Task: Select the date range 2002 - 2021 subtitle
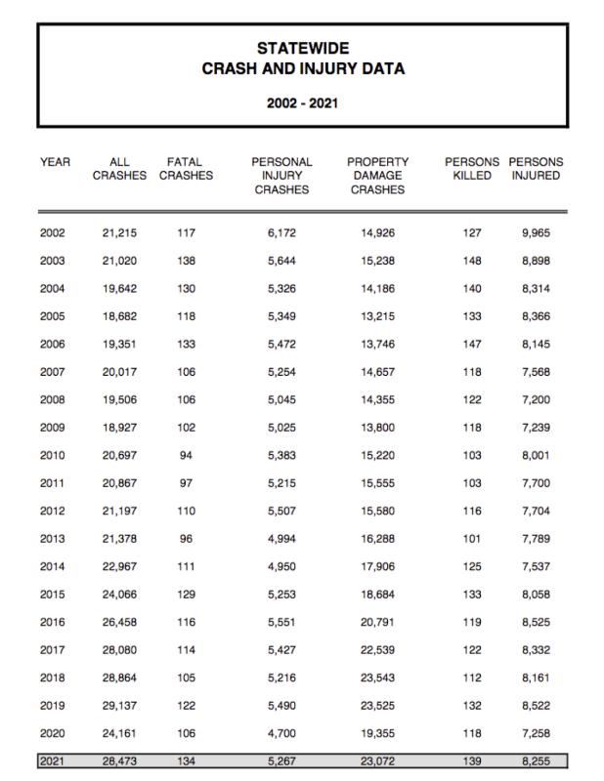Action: (302, 103)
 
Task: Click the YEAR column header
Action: (55, 162)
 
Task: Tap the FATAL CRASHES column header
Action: (186, 169)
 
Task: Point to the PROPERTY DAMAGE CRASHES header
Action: (377, 176)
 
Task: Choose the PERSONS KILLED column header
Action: (472, 169)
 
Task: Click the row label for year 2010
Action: (54, 455)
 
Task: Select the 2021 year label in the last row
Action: (54, 760)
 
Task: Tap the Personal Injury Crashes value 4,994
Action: (281, 539)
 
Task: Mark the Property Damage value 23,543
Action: (377, 678)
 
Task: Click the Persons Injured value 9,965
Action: (541, 232)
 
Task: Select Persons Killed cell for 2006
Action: (472, 344)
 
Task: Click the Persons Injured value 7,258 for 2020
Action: (541, 733)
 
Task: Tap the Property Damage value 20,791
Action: (377, 622)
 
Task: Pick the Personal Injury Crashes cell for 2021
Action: (281, 760)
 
